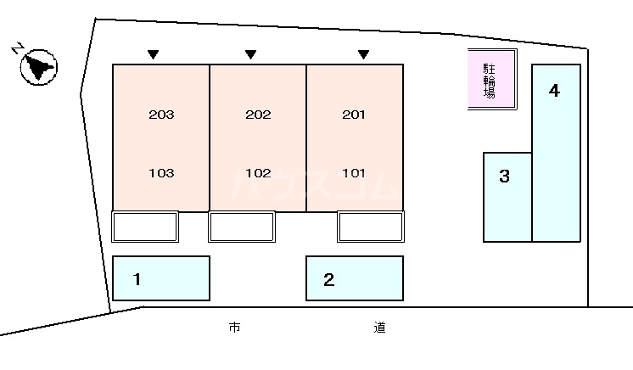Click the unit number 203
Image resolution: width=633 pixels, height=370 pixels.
pos(160,115)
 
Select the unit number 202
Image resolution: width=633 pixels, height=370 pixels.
pos(257,115)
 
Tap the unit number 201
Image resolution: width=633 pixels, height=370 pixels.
pos(354,115)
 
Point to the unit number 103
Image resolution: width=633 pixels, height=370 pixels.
pos(160,173)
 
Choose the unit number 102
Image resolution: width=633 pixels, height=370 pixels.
pos(257,173)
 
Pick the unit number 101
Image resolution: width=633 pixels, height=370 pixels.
pos(354,173)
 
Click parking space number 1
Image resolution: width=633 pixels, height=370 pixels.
pos(137,278)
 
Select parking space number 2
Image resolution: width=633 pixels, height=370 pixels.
pos(329,278)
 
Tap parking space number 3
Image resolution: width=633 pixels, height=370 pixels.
pos(504,177)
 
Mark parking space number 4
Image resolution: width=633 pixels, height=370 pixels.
pos(554,91)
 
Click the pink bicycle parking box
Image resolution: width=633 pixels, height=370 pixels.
pos(491,79)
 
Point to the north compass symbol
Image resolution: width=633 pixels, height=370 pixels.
pos(37,64)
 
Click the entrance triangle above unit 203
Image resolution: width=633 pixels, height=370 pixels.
pos(153,55)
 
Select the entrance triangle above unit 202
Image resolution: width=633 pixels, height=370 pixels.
pos(250,55)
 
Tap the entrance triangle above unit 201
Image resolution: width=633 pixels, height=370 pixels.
pos(363,55)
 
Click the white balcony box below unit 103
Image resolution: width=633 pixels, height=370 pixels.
pos(145,227)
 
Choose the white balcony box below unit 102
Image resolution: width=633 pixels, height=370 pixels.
pos(242,227)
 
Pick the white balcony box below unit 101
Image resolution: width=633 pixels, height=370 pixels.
pos(371,227)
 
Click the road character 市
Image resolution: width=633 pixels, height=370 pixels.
pos(234,327)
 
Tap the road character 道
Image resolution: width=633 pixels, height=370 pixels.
pos(378,327)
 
